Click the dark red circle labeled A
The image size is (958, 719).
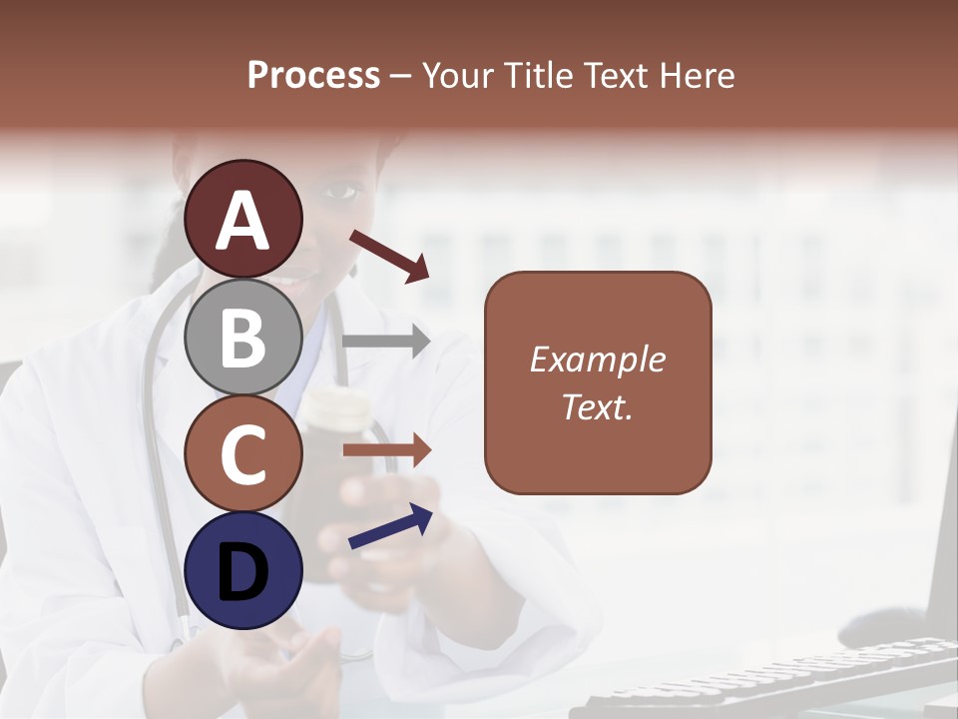pos(243,219)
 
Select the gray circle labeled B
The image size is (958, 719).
pos(243,337)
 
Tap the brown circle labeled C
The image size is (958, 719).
pos(243,453)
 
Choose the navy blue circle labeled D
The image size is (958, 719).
pos(243,570)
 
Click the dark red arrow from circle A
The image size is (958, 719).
pos(389,257)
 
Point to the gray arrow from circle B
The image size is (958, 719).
pos(386,342)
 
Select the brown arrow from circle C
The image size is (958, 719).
pos(387,450)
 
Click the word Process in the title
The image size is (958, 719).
pos(313,75)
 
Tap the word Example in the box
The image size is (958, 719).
pos(597,359)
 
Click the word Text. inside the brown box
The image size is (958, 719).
pos(597,406)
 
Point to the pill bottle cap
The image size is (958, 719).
pos(334,403)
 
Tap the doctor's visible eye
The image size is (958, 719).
pos(339,189)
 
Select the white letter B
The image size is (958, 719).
pos(243,337)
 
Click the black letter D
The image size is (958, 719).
pos(243,571)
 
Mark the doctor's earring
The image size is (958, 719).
pos(353,268)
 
